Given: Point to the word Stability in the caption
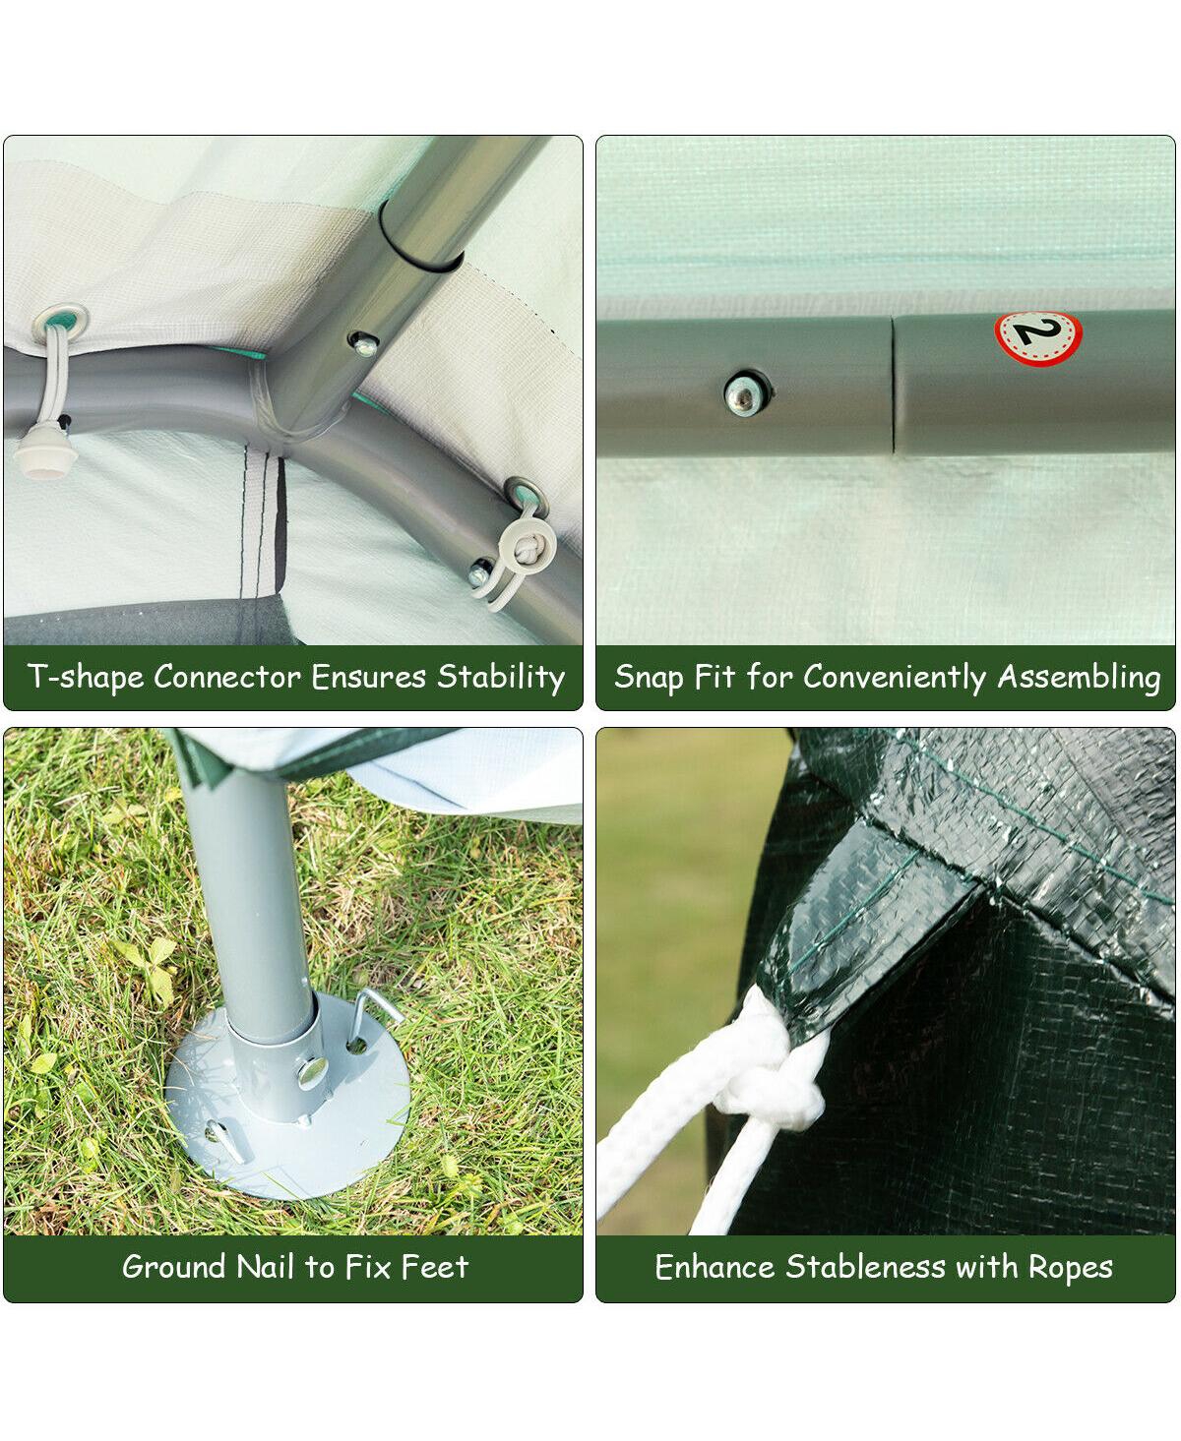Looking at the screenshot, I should (x=501, y=677).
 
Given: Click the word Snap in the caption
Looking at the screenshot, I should (x=648, y=677).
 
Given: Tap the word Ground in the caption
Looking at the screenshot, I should (x=174, y=1267).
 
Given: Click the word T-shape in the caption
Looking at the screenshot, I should (x=85, y=677).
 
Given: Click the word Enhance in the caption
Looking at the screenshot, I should (x=715, y=1267).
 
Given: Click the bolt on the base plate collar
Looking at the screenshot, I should (x=313, y=1066).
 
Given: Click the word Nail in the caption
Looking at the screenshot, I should (x=267, y=1267).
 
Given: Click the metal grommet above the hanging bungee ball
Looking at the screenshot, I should (x=64, y=320).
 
